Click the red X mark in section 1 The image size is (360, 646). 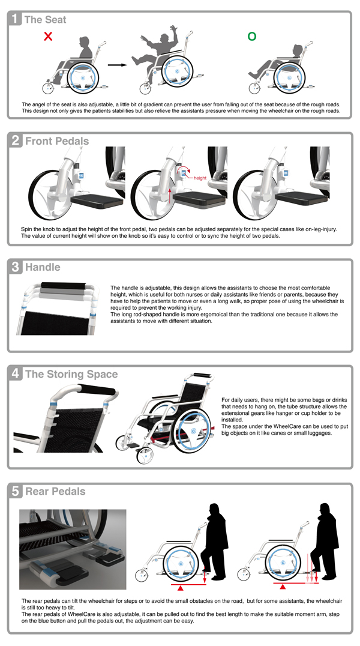tap(48, 37)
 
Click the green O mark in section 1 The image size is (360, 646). tap(252, 37)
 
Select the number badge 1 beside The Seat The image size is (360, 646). tap(16, 20)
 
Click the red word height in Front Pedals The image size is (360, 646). tap(200, 178)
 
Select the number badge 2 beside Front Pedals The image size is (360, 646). tap(16, 141)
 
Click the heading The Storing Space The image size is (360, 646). tap(71, 374)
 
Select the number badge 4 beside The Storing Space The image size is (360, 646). tap(16, 374)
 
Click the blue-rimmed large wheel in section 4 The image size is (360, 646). tap(192, 431)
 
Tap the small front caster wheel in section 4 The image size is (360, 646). tap(145, 456)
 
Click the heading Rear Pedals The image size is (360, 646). tap(55, 492)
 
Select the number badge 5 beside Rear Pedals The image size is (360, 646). tap(16, 492)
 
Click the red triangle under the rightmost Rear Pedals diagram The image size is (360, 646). tap(292, 587)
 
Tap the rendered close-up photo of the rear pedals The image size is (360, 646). tap(73, 549)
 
